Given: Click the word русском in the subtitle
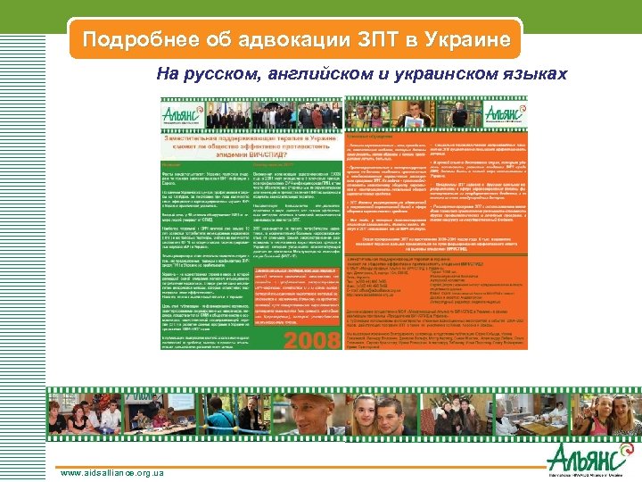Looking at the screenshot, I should (222, 73).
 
